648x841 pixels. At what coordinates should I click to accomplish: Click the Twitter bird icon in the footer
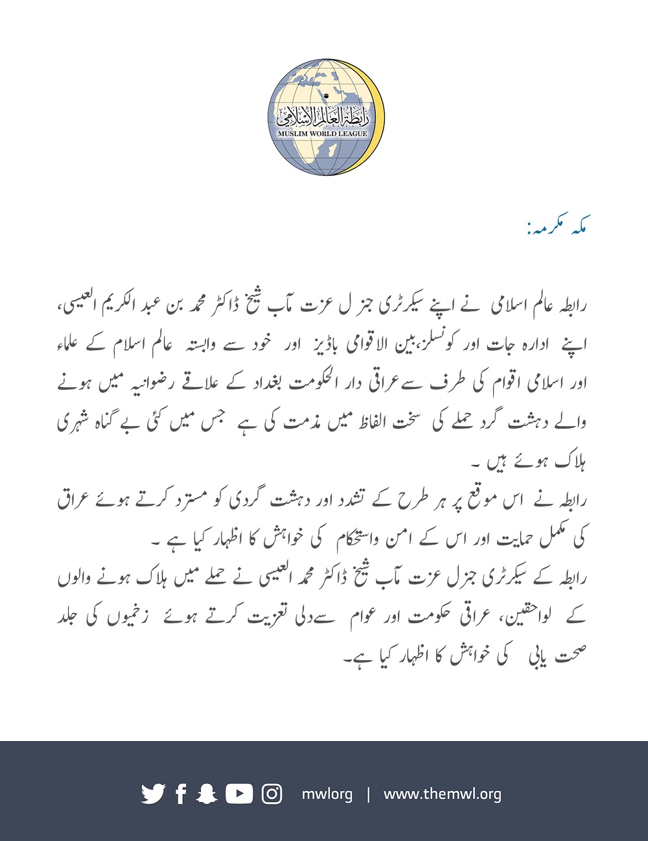[x=153, y=794]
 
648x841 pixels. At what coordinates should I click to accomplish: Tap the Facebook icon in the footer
[x=181, y=794]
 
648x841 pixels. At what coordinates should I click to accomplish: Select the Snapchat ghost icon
[x=207, y=794]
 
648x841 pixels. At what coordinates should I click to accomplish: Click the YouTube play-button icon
[x=239, y=794]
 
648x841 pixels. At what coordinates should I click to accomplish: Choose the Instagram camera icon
[x=272, y=794]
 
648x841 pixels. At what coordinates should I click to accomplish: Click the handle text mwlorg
[x=327, y=794]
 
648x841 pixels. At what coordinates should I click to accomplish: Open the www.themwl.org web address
[x=442, y=794]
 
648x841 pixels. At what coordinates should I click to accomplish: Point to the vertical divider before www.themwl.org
[x=368, y=794]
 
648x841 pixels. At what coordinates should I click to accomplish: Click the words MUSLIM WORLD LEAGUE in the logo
[x=322, y=134]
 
